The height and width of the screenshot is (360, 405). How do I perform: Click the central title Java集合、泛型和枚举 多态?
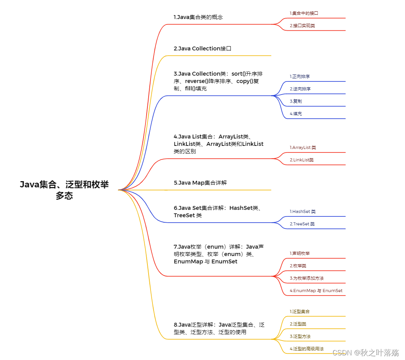tap(64, 190)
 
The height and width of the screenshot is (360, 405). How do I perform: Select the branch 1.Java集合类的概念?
tap(198, 17)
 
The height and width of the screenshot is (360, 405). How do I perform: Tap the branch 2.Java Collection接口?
tap(202, 48)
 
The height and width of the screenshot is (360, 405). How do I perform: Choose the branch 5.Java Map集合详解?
tap(200, 183)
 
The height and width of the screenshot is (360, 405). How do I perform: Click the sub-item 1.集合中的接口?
tap(304, 13)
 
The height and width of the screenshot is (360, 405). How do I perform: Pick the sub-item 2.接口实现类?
tap(302, 26)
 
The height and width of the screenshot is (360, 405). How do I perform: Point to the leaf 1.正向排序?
tap(299, 76)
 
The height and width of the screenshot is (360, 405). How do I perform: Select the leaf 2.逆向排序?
tap(300, 89)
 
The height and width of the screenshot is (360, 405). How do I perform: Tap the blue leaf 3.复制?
tap(296, 101)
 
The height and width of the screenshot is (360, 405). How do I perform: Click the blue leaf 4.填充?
tap(296, 114)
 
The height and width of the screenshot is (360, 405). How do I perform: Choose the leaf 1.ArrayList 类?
tap(303, 147)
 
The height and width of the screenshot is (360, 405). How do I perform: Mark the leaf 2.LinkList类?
tap(301, 160)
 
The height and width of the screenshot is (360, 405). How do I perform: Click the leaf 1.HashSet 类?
tap(303, 211)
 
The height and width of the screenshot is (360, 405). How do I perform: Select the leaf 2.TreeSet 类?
tap(302, 224)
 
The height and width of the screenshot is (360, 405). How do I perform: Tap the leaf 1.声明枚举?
tap(299, 253)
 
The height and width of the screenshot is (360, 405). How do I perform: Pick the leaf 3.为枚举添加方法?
tap(306, 278)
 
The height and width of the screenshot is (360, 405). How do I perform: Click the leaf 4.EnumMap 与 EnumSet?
tap(316, 291)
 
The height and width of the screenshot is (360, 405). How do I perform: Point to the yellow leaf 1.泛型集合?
tap(299, 312)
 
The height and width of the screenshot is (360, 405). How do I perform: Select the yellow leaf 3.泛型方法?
tap(300, 336)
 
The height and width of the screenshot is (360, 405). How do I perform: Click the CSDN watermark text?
tap(366, 353)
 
